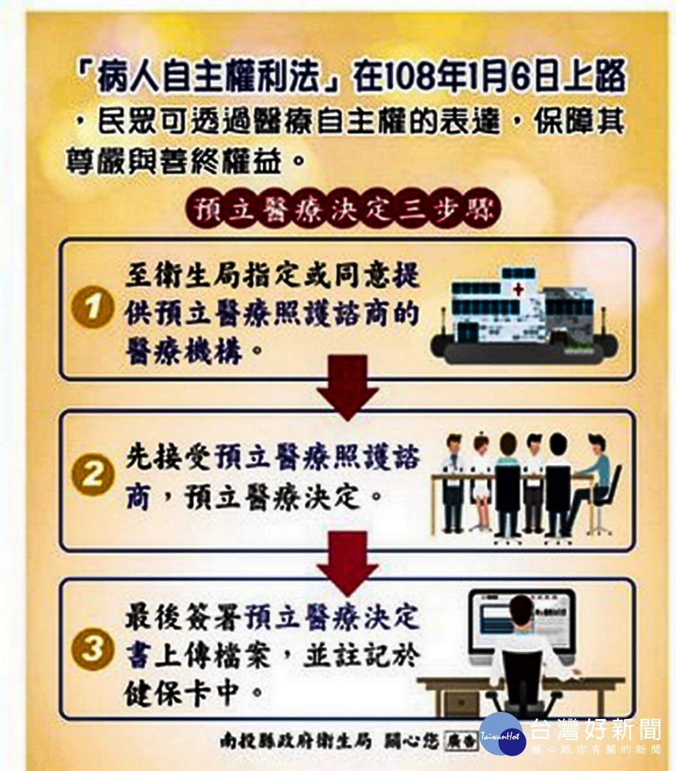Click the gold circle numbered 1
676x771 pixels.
coord(93,307)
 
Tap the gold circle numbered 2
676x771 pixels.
coord(93,474)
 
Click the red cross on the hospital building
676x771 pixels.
coord(518,290)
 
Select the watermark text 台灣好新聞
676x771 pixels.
coord(595,729)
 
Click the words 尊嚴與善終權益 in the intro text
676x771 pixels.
coord(173,161)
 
